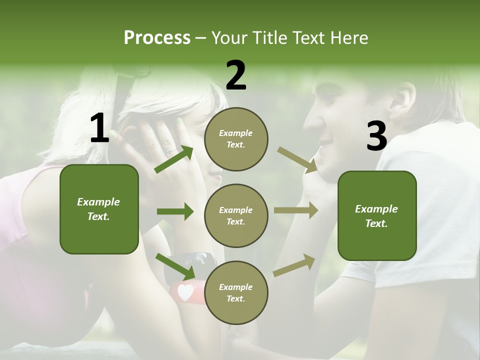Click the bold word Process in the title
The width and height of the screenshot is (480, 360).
[x=157, y=38]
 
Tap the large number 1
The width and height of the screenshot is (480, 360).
[x=99, y=128]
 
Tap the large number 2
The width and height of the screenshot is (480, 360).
[x=236, y=75]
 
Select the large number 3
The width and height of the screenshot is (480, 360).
[x=376, y=136]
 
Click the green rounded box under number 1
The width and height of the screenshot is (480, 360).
[x=99, y=209]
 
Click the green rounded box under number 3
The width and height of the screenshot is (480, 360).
[x=377, y=215]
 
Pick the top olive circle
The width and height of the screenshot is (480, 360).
[x=236, y=139]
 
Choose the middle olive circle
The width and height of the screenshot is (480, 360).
[x=236, y=215]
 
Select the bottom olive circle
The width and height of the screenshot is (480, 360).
[x=236, y=292]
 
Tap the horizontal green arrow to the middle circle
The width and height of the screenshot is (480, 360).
[x=175, y=211]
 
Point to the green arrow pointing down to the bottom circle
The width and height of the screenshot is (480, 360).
[x=175, y=266]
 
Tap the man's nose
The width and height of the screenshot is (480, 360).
[x=308, y=122]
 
